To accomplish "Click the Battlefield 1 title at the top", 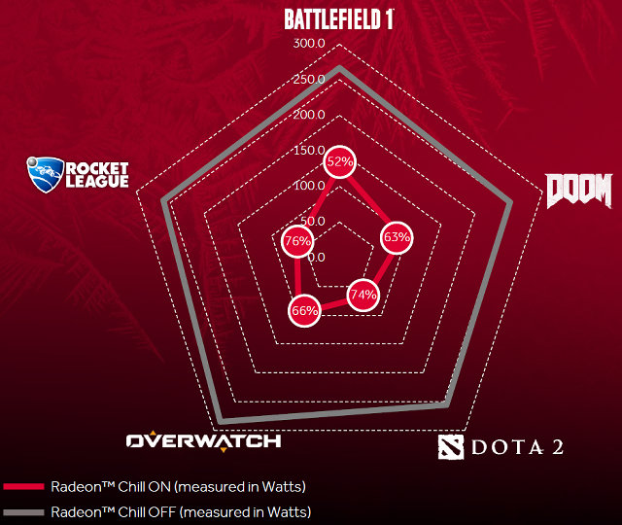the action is point(339,19).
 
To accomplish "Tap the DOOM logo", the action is point(579,191).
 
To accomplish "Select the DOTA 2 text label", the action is point(517,447).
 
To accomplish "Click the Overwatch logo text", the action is point(203,440).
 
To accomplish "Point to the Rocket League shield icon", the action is point(46,175).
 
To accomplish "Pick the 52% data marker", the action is point(339,162).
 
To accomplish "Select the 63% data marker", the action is point(397,237).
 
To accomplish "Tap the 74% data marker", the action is point(363,295).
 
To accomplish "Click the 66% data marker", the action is point(304,311).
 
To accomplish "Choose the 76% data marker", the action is point(297,241).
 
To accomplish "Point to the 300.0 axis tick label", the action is point(309,43).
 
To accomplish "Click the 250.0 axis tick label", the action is point(309,79).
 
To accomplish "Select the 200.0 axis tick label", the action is point(309,115).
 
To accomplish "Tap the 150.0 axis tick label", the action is point(309,150).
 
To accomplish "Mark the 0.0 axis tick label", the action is point(316,257).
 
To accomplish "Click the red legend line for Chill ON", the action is point(23,486).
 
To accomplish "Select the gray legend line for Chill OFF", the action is point(23,512).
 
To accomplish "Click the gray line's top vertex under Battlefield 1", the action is point(339,67).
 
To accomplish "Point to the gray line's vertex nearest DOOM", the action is point(510,203).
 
